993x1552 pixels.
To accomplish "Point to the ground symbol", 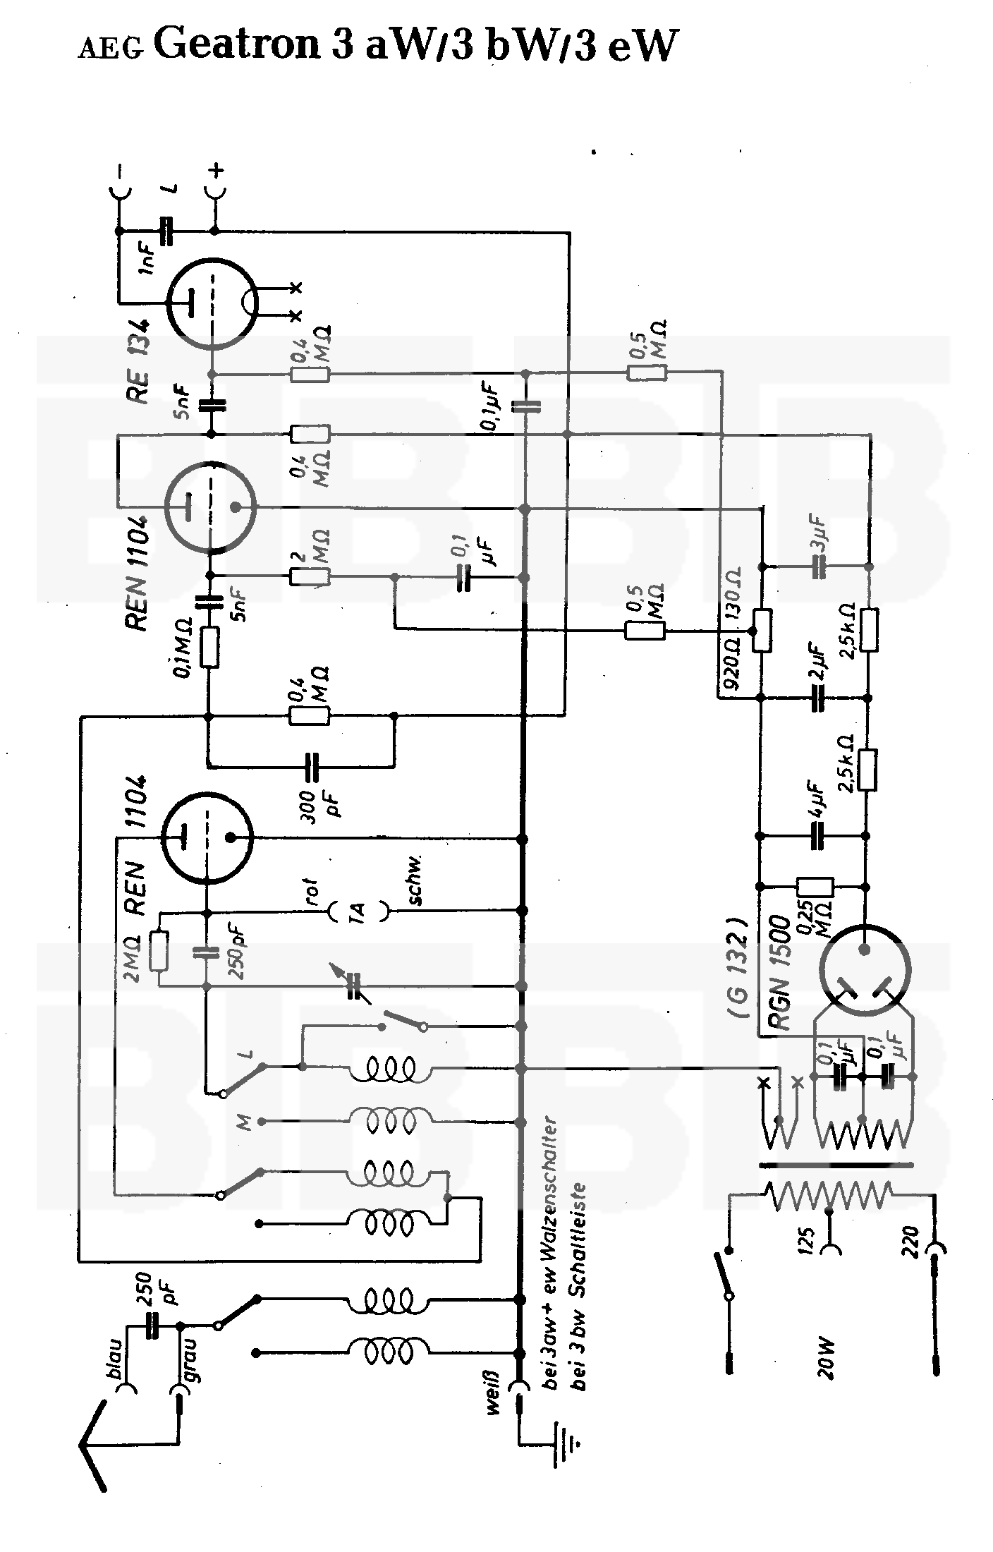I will [569, 1462].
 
